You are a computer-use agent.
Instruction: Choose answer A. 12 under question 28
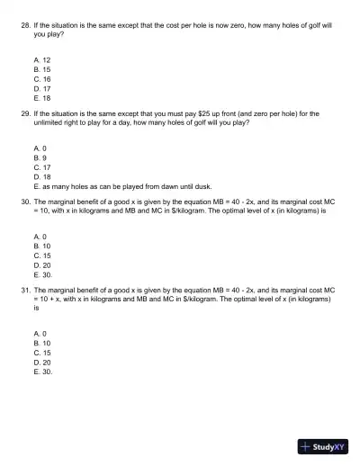[41, 59]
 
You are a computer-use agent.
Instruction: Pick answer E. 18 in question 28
[41, 97]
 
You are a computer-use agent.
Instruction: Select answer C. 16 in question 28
[41, 78]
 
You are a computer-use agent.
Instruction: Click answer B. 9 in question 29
[40, 157]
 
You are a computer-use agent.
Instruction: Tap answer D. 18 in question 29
[41, 176]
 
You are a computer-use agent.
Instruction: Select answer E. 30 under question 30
[42, 274]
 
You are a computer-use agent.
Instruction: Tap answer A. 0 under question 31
[40, 333]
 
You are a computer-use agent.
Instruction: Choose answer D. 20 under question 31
[41, 362]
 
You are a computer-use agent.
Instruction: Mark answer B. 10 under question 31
[41, 343]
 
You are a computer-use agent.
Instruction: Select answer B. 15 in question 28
[41, 69]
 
